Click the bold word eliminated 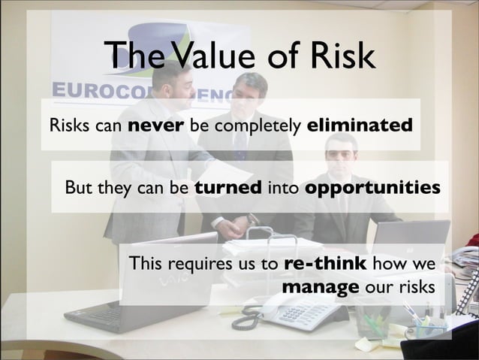pos(360,124)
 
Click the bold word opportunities pos(372,187)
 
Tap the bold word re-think pos(326,264)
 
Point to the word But pos(80,186)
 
